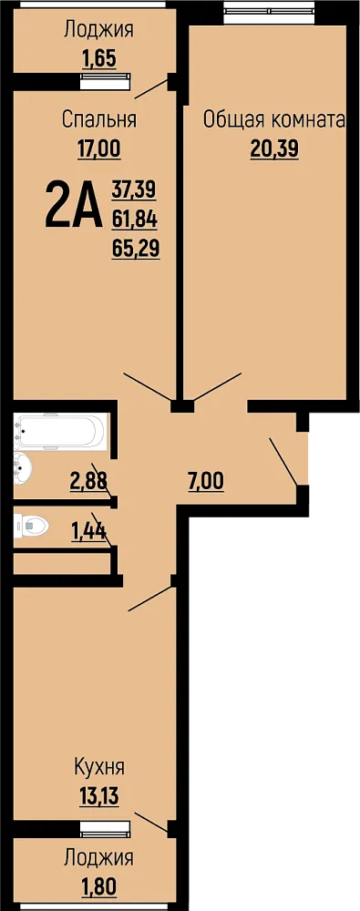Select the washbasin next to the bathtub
coord(25,466)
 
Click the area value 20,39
coord(274,150)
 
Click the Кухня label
coord(98,767)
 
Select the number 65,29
coord(136,249)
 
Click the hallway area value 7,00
coord(206,481)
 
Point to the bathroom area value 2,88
coord(89,481)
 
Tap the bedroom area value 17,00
coord(98,149)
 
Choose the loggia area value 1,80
coord(98,886)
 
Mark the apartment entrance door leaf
coord(284,460)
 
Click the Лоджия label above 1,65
coord(98,29)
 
